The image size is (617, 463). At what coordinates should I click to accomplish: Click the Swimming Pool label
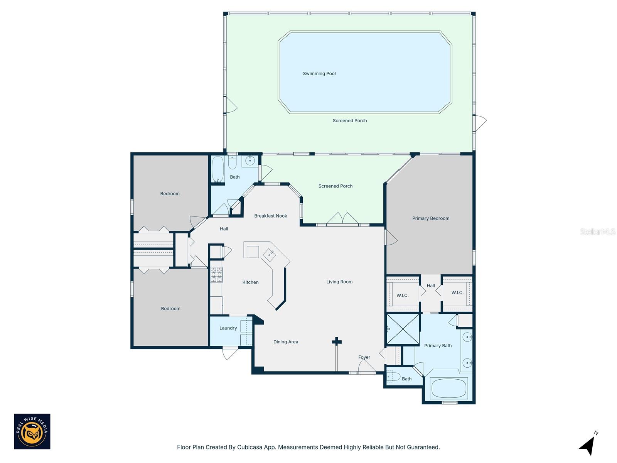[319, 74]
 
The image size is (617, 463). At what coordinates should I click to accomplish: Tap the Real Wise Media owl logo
[32, 431]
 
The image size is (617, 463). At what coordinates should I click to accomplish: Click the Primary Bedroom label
[431, 218]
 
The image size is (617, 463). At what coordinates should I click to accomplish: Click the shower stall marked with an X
[403, 329]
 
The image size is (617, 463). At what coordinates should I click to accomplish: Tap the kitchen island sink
[269, 255]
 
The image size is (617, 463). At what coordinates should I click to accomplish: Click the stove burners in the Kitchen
[216, 275]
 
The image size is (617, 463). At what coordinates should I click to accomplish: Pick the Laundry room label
[228, 328]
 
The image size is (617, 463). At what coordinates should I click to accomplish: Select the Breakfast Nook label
[270, 216]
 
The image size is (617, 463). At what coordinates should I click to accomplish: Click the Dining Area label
[285, 342]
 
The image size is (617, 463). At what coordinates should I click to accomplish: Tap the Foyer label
[364, 357]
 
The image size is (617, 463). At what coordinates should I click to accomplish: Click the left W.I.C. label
[402, 296]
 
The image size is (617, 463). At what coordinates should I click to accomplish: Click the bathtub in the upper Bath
[217, 169]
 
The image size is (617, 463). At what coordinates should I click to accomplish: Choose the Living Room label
[339, 282]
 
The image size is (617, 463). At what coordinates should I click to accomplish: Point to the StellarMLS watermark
[597, 231]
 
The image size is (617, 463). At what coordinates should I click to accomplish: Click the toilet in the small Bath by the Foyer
[393, 377]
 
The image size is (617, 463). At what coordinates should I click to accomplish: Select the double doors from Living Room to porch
[343, 219]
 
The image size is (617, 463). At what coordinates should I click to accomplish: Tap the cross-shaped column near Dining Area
[337, 341]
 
